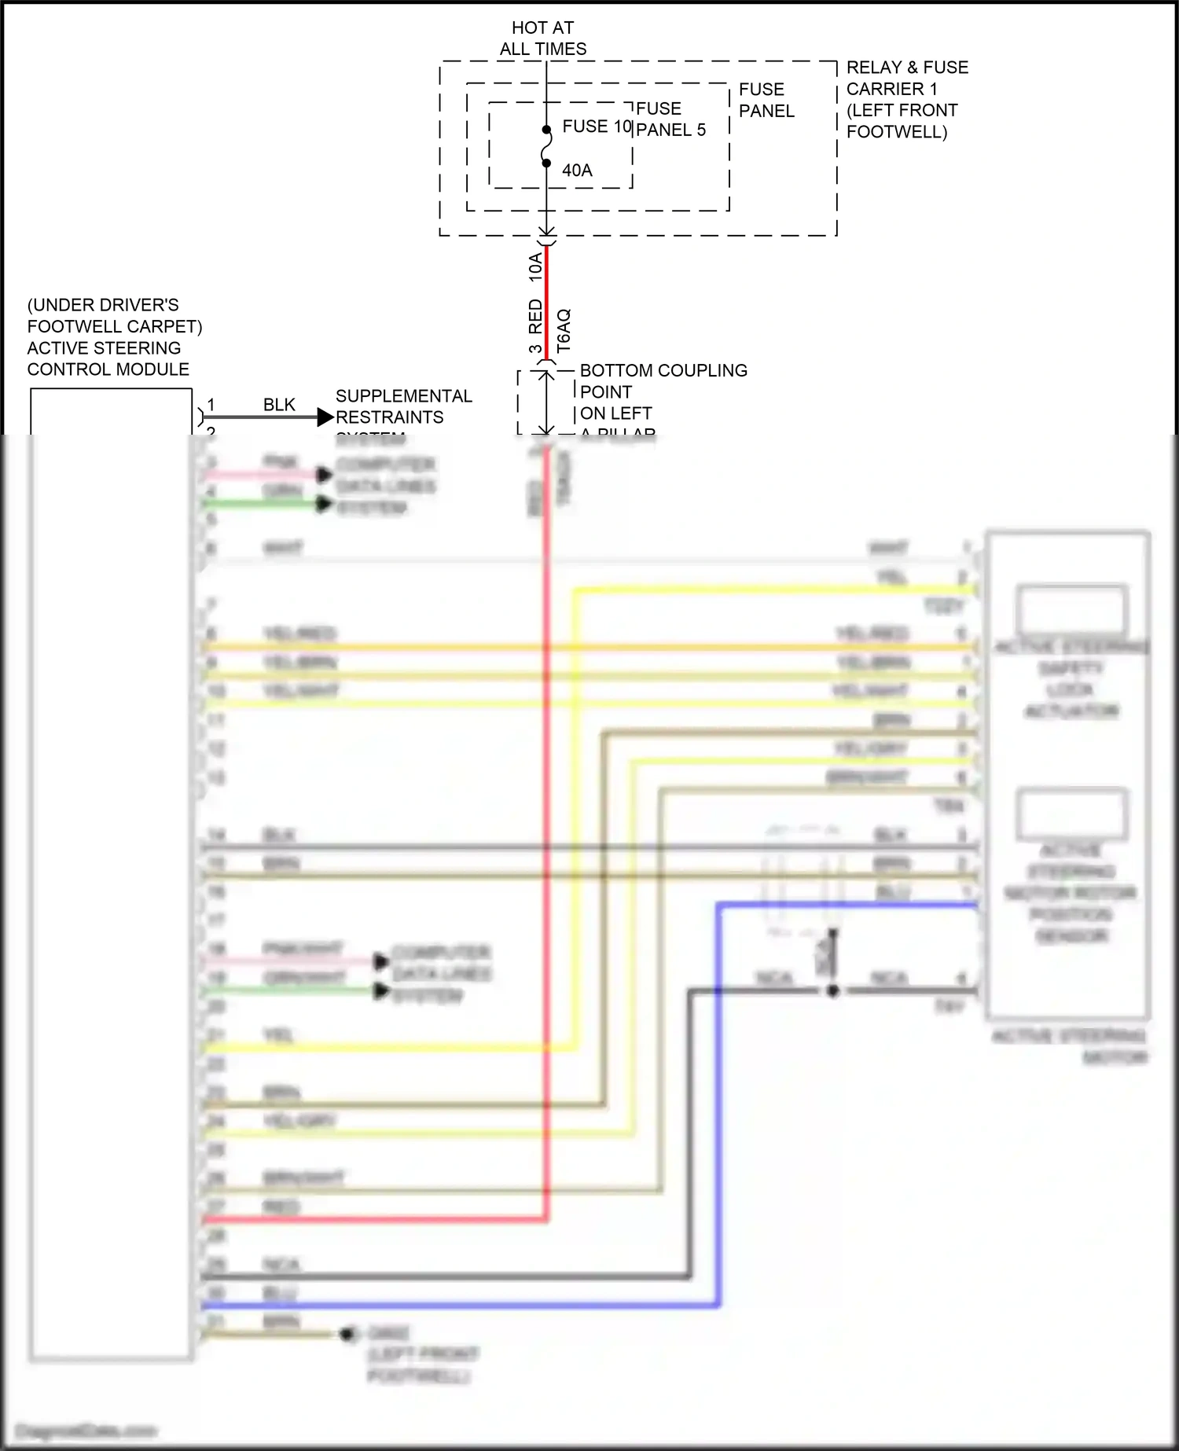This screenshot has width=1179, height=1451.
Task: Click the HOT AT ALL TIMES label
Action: coord(542,39)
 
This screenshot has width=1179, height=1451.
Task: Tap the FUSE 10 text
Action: coord(596,127)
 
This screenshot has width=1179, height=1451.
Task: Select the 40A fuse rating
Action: coord(577,171)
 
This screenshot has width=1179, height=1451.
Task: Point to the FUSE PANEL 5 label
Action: coord(670,119)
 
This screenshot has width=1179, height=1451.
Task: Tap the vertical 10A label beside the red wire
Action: coord(535,267)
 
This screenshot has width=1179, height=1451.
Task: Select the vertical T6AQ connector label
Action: coord(564,330)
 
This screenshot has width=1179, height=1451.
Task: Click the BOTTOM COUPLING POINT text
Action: coord(663,381)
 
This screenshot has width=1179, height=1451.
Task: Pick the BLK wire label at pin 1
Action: coord(279,405)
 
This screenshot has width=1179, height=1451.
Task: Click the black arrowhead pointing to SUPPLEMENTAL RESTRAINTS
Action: coord(325,417)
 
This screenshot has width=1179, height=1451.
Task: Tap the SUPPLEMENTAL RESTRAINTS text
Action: coord(403,406)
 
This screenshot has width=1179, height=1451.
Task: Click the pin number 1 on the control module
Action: coord(211,405)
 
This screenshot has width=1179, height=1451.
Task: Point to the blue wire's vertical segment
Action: coord(718,1100)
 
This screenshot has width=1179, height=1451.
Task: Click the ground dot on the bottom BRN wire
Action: coord(346,1334)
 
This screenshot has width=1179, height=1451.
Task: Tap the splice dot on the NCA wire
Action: coord(833,991)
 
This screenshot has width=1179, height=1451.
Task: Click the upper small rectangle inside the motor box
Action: coord(1071,610)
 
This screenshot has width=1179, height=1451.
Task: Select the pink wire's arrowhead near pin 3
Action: coord(324,475)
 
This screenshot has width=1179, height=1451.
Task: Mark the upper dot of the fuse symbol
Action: coord(547,130)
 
